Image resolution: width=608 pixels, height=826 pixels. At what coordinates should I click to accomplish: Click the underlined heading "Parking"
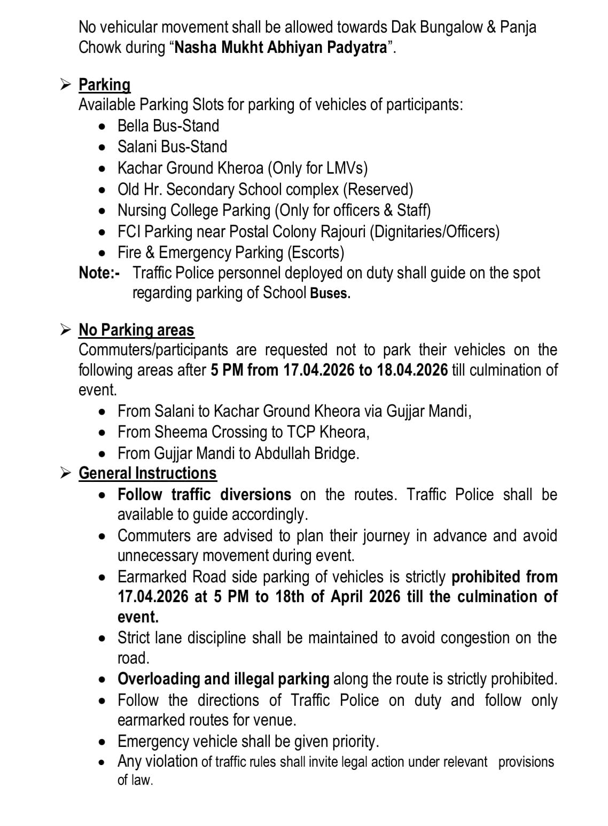click(x=104, y=85)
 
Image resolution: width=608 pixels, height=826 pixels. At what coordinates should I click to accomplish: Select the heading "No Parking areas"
click(x=136, y=330)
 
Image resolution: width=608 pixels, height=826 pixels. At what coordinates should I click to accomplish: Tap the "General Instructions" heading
click(x=147, y=473)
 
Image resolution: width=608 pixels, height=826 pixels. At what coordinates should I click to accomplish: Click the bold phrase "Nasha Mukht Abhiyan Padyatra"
click(x=280, y=48)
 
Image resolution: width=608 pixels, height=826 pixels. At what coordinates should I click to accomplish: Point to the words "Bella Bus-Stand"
click(x=168, y=126)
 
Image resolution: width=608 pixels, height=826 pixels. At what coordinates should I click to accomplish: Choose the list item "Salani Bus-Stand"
click(x=172, y=147)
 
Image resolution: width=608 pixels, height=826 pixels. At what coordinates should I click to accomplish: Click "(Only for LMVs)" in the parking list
click(x=318, y=168)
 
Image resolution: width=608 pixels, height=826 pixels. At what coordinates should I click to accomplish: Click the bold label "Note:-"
click(x=99, y=273)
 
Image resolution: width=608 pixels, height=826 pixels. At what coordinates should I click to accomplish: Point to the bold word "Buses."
click(x=330, y=293)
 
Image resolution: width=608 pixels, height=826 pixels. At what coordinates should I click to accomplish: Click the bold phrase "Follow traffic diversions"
click(x=204, y=495)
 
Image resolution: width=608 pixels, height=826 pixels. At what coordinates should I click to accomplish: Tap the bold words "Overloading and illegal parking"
click(x=223, y=679)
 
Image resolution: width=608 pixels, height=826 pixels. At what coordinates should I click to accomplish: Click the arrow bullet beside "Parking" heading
click(x=65, y=84)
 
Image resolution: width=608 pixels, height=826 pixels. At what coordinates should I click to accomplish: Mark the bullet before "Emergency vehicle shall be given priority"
click(x=103, y=742)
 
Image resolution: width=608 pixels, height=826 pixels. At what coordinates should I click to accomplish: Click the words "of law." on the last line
click(x=135, y=780)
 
